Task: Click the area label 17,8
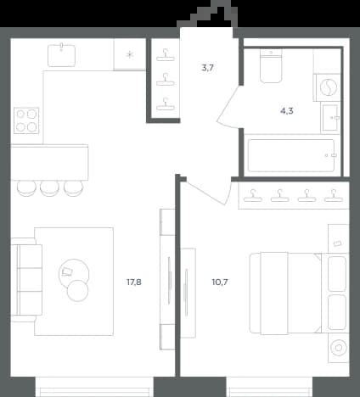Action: (x=134, y=282)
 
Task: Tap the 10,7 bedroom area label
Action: (x=220, y=282)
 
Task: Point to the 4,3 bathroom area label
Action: (x=287, y=111)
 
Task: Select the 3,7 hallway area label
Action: (x=208, y=68)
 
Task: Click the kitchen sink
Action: (x=62, y=55)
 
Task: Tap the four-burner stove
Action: (x=26, y=120)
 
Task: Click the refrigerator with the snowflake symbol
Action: (x=130, y=54)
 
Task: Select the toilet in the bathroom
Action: (x=271, y=66)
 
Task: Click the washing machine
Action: (x=328, y=87)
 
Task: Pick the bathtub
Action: (x=291, y=155)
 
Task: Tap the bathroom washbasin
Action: (x=330, y=118)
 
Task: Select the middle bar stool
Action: (x=49, y=188)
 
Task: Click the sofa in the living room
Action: (x=26, y=280)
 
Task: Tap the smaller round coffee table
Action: (x=77, y=291)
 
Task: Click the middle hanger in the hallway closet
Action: (x=166, y=80)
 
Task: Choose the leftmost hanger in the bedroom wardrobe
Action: (x=253, y=196)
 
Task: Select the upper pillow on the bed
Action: (x=337, y=274)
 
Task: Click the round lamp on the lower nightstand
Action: (x=339, y=348)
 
